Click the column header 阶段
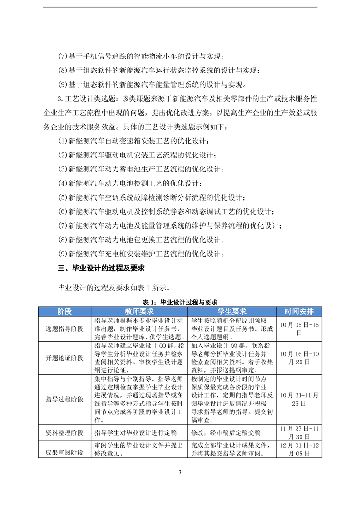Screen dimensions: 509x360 (64, 312)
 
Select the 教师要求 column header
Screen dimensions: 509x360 (139, 312)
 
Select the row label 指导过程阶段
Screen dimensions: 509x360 (64, 399)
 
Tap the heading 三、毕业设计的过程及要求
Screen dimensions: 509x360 (101, 268)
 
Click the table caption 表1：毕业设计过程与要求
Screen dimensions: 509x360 (180, 302)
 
